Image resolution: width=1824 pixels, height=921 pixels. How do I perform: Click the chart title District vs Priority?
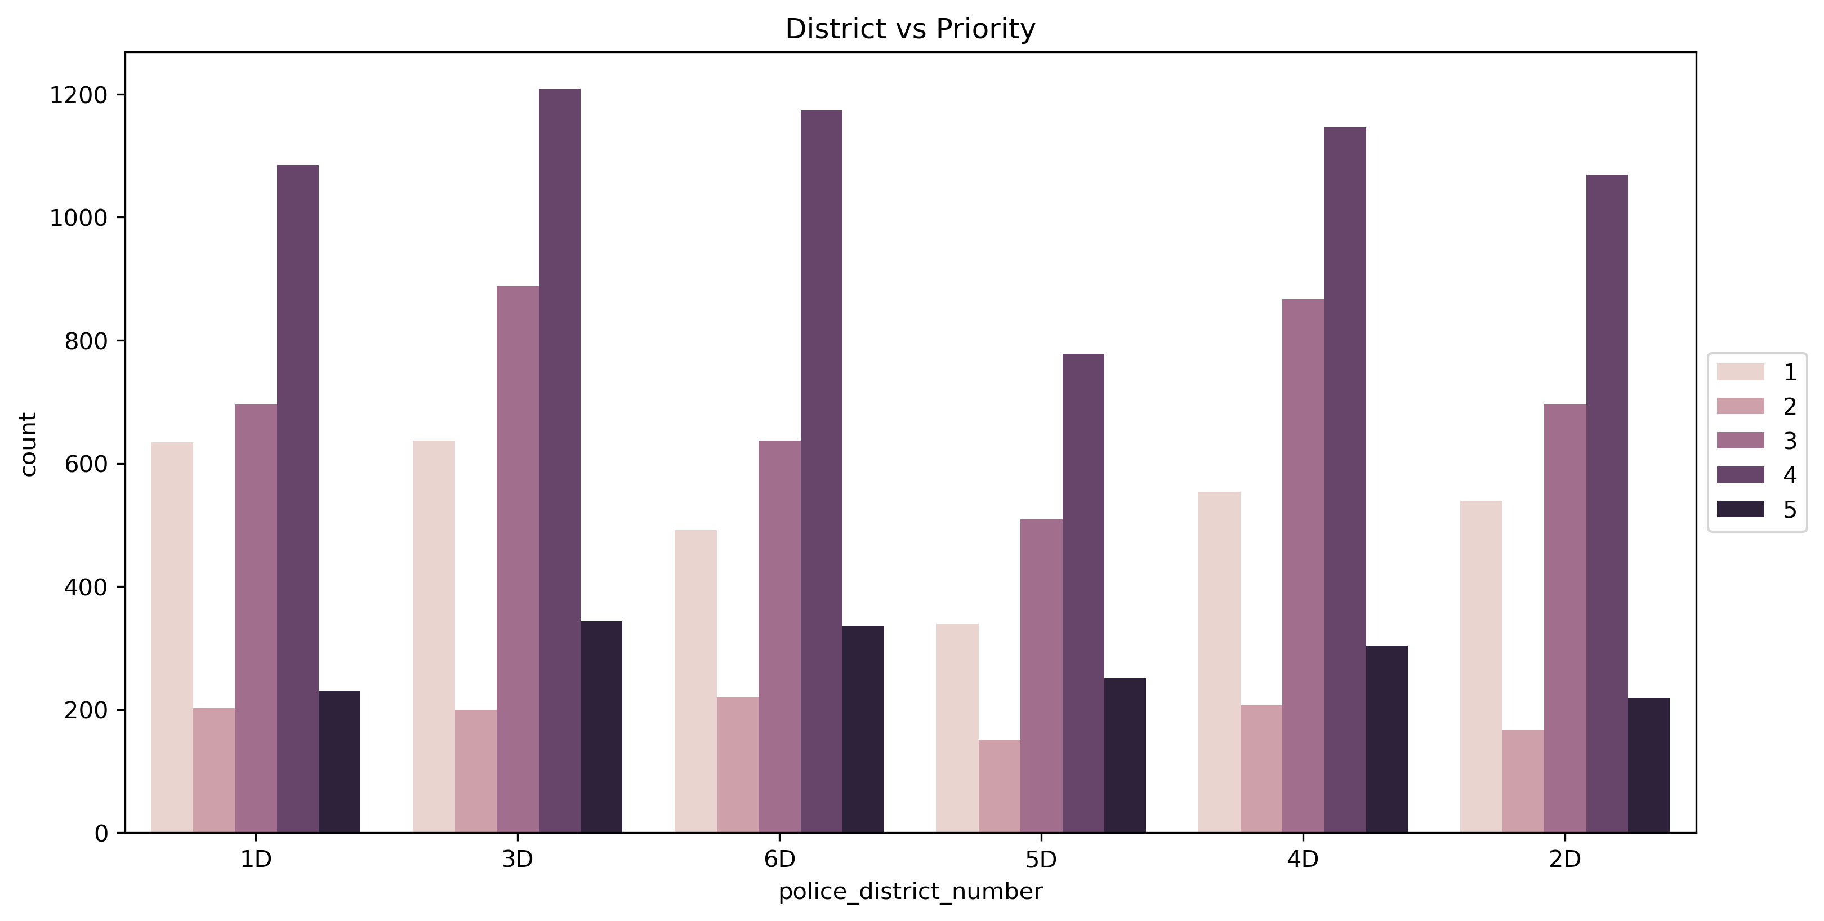pyautogui.click(x=910, y=29)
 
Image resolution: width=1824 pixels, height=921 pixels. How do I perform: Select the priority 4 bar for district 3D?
pyautogui.click(x=559, y=461)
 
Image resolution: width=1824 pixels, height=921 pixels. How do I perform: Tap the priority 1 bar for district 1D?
pyautogui.click(x=172, y=637)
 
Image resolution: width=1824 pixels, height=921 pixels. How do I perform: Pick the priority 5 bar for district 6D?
pyautogui.click(x=863, y=729)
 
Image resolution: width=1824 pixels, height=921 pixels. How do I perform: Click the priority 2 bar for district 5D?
pyautogui.click(x=999, y=786)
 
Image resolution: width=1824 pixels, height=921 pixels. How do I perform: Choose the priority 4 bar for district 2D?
pyautogui.click(x=1607, y=503)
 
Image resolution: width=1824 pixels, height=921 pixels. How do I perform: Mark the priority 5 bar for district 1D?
pyautogui.click(x=339, y=761)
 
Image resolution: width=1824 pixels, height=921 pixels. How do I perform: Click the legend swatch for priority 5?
pyautogui.click(x=1741, y=509)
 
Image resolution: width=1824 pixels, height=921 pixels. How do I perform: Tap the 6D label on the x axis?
pyautogui.click(x=779, y=860)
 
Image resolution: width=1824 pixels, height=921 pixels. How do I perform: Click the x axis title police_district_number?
pyautogui.click(x=910, y=892)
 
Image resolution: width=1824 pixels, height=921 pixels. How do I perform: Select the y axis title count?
pyautogui.click(x=28, y=444)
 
